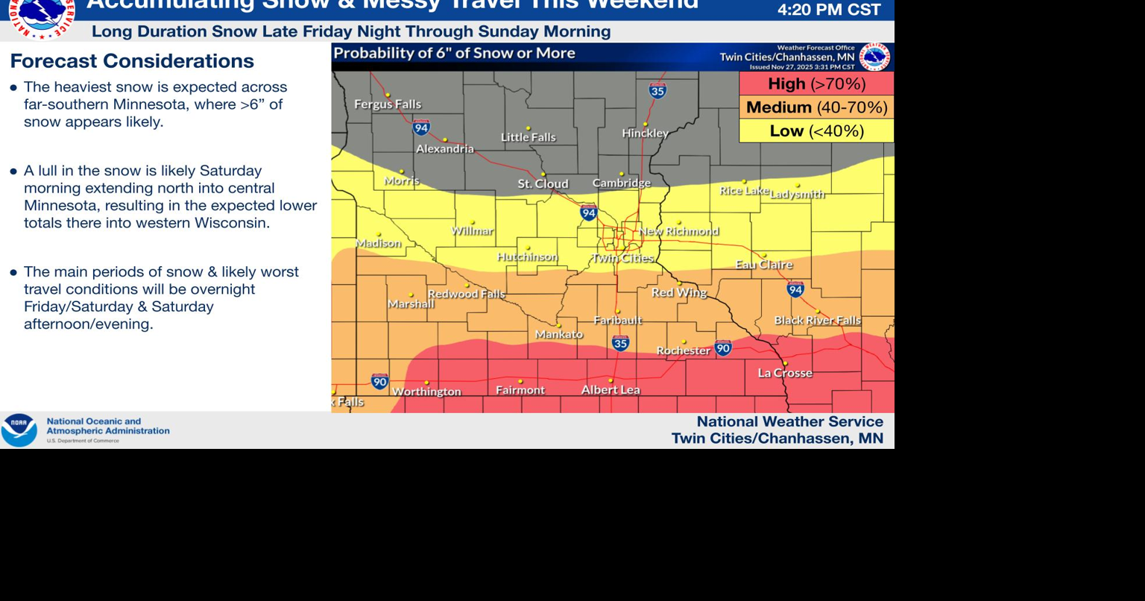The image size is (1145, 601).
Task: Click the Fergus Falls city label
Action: (x=387, y=104)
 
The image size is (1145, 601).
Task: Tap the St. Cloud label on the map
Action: (x=543, y=183)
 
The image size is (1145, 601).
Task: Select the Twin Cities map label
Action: (x=622, y=258)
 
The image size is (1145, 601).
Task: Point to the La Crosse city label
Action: (x=785, y=373)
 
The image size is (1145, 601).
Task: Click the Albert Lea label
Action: (x=611, y=389)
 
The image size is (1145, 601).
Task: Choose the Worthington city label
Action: (x=426, y=391)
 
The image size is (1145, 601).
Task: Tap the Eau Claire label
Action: (x=764, y=265)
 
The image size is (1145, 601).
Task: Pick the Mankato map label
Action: (x=559, y=334)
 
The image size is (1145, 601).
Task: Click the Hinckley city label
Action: (x=645, y=133)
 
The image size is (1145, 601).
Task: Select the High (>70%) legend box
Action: (x=816, y=84)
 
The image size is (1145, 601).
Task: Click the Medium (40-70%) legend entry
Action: (x=816, y=107)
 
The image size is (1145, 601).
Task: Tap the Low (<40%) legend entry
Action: (x=816, y=131)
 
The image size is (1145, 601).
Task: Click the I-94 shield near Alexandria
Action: (x=421, y=128)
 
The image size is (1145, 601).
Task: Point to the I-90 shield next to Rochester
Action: (x=722, y=347)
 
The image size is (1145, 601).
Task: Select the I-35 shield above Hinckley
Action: (x=657, y=91)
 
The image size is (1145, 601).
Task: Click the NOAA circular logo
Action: (x=19, y=430)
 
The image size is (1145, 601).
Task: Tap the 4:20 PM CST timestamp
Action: (x=829, y=10)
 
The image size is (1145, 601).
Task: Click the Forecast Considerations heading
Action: (x=132, y=61)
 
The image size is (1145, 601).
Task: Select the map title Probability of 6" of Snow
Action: (x=454, y=54)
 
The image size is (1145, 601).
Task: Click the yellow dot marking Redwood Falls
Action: (x=467, y=285)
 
